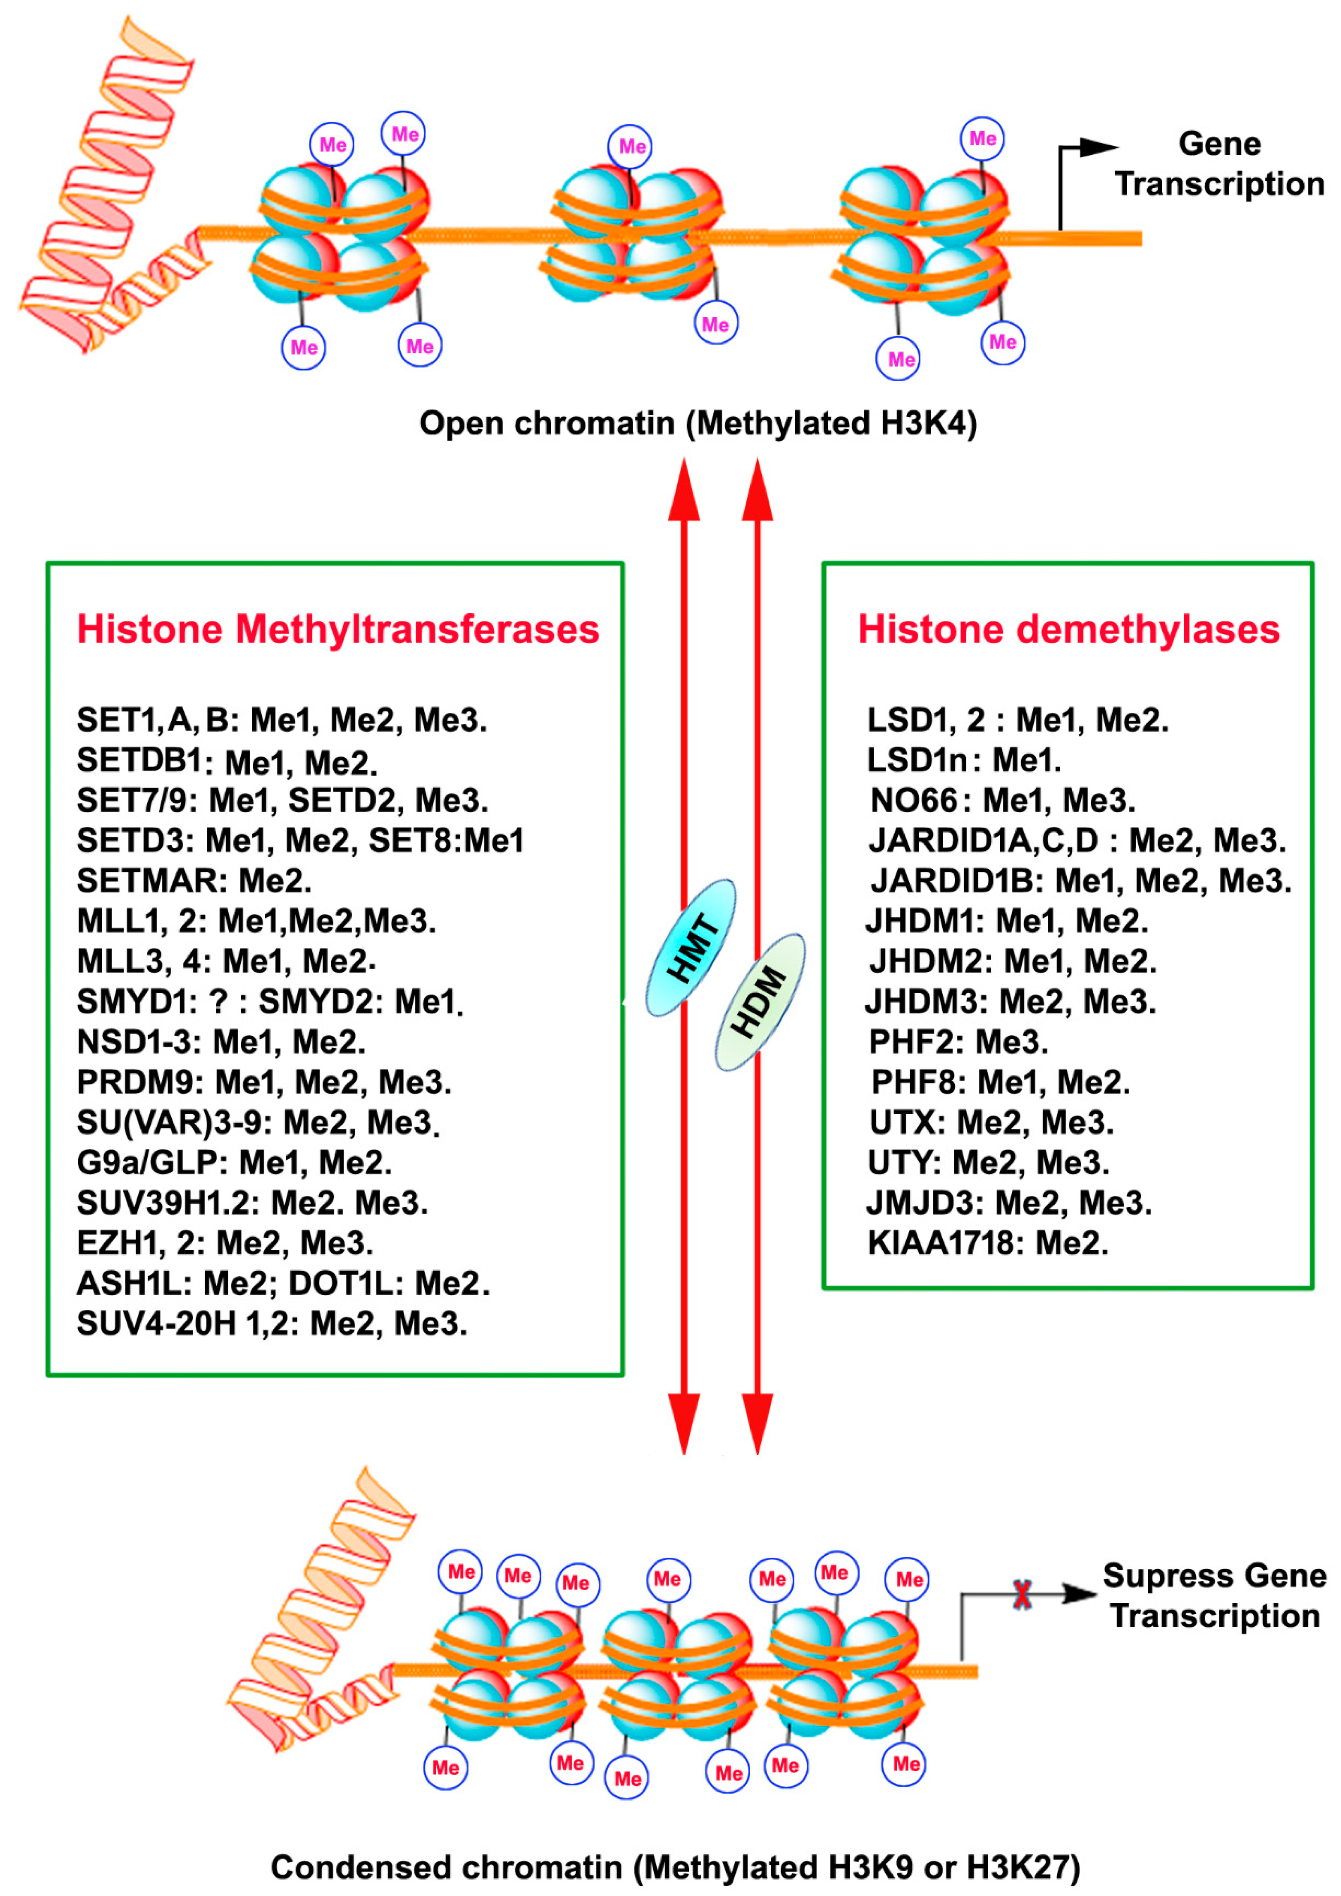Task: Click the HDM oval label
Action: [760, 1002]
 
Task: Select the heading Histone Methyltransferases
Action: [338, 629]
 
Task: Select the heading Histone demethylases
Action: [1068, 629]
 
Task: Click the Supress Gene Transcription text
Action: [1214, 1596]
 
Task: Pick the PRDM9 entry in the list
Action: [140, 1082]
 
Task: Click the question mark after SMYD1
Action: [218, 1002]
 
